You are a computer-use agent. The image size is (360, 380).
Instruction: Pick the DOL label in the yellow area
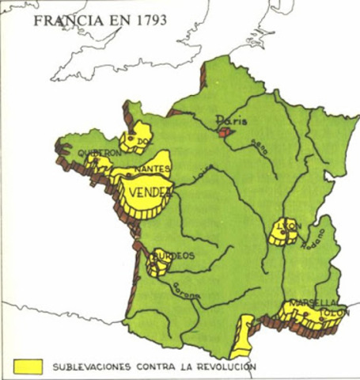coord(142,141)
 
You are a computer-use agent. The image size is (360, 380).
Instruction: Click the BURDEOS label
coord(174,255)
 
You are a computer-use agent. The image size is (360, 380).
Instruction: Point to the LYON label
coord(290,226)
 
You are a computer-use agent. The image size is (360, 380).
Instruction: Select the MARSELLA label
coord(313,302)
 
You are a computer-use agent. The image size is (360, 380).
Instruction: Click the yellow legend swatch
coord(28,366)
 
